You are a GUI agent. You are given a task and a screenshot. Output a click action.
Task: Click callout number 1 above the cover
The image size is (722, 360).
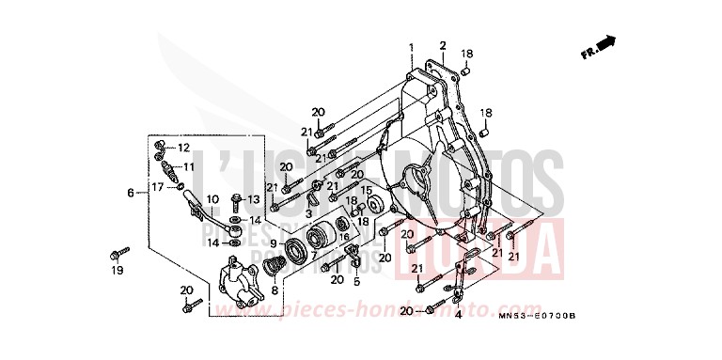pyautogui.click(x=410, y=47)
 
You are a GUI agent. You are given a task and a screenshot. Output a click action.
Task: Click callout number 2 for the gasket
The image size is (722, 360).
pyautogui.click(x=442, y=44)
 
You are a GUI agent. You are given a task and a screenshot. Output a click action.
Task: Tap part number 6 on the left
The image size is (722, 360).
pyautogui.click(x=131, y=193)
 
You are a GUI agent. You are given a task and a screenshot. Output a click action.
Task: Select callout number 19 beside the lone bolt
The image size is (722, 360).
pyautogui.click(x=118, y=271)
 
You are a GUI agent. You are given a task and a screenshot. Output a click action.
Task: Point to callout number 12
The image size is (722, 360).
pyautogui.click(x=183, y=149)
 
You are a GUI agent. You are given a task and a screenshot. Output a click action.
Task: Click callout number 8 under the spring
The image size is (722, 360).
pyautogui.click(x=274, y=291)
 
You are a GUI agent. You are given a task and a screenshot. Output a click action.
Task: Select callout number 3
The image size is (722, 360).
pyautogui.click(x=308, y=214)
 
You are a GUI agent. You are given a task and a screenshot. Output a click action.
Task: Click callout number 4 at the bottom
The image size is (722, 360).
pyautogui.click(x=458, y=315)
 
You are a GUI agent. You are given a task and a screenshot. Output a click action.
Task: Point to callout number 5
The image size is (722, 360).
pyautogui.click(x=356, y=281)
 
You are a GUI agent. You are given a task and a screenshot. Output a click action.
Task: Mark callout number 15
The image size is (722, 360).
pyautogui.click(x=367, y=190)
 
